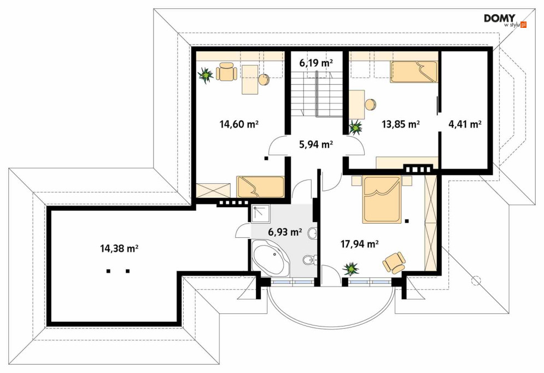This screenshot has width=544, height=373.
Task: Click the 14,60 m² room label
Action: (x=239, y=124)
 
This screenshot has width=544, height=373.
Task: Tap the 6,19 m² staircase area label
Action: (x=316, y=63)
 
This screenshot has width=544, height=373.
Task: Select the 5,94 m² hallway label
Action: (x=316, y=144)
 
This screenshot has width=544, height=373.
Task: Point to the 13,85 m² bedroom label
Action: (x=401, y=124)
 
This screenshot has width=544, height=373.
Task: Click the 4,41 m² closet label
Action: (x=465, y=124)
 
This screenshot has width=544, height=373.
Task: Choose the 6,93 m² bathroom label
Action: (x=285, y=232)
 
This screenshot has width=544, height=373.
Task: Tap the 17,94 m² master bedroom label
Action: (x=359, y=244)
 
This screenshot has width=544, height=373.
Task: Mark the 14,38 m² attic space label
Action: (x=120, y=248)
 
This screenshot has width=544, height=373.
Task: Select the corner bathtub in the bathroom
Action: (x=269, y=258)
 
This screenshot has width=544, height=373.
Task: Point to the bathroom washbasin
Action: (x=312, y=233)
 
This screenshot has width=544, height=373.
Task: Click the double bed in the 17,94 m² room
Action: (x=382, y=200)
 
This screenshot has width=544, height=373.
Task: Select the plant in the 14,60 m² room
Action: (x=206, y=75)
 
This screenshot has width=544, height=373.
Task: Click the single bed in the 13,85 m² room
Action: (x=413, y=72)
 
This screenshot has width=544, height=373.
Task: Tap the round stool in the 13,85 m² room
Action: (x=370, y=104)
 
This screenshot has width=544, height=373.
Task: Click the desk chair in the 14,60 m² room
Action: (x=226, y=72)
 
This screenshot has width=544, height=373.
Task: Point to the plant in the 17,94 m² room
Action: (x=351, y=269)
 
